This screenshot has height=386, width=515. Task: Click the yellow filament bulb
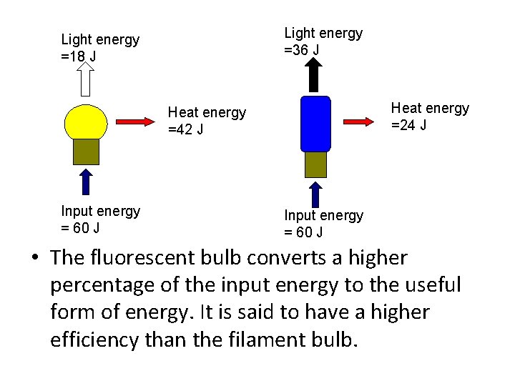click(x=85, y=122)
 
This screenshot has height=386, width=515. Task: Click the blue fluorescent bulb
click(x=315, y=123)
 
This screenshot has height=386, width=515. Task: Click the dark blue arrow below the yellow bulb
click(x=86, y=182)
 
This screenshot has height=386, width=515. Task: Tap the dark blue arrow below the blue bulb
click(x=315, y=193)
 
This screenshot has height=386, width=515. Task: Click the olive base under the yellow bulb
click(x=86, y=152)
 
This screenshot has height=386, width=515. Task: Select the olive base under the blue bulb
click(x=315, y=164)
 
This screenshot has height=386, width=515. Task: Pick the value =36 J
click(x=302, y=49)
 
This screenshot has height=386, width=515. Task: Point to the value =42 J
click(x=185, y=129)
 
